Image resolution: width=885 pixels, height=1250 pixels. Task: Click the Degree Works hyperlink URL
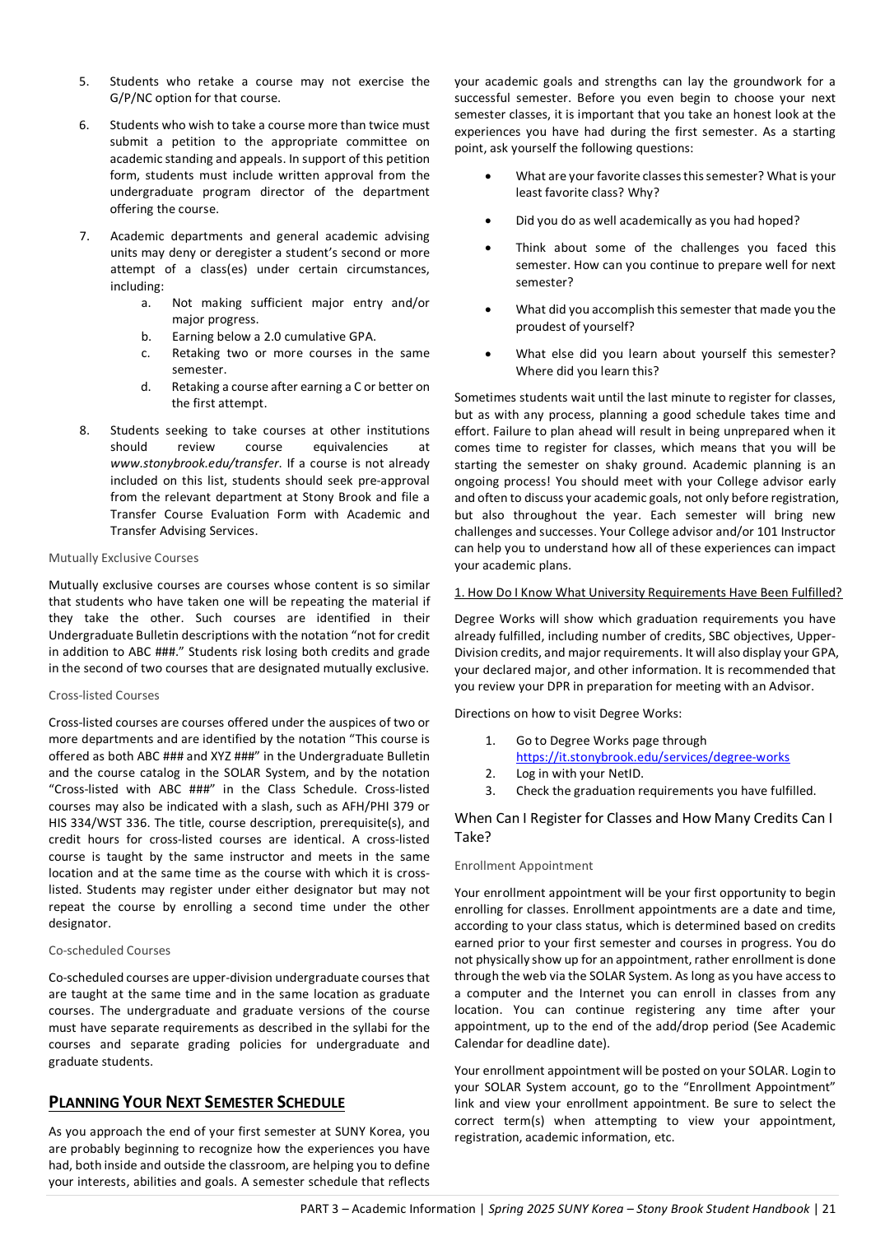tap(652, 757)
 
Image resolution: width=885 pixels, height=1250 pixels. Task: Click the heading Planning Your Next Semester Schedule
tap(197, 1103)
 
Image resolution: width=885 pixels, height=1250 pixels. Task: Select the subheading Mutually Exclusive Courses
tap(123, 558)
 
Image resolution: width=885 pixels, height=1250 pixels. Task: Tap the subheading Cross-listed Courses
tap(104, 695)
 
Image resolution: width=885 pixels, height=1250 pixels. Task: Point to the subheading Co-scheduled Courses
tap(109, 950)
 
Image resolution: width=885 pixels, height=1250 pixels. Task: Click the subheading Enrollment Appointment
tap(524, 866)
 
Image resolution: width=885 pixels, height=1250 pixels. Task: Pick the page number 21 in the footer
tap(829, 1209)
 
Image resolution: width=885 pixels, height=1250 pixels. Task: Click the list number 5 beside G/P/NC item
tap(84, 81)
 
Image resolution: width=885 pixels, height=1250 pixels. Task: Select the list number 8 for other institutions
tap(84, 430)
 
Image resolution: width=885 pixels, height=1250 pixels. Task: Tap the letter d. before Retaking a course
tap(146, 387)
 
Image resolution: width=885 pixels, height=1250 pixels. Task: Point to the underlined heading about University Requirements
tap(648, 592)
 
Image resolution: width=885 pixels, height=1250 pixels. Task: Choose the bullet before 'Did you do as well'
tap(488, 221)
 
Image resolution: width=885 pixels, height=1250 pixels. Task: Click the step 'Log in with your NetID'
tap(580, 774)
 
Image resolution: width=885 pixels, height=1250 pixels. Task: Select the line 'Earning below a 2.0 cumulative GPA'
tap(273, 337)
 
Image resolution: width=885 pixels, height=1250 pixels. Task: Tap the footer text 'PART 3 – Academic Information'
tap(387, 1209)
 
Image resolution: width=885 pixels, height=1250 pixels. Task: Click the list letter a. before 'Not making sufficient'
tap(146, 303)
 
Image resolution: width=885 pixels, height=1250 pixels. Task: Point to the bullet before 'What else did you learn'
tap(488, 354)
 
